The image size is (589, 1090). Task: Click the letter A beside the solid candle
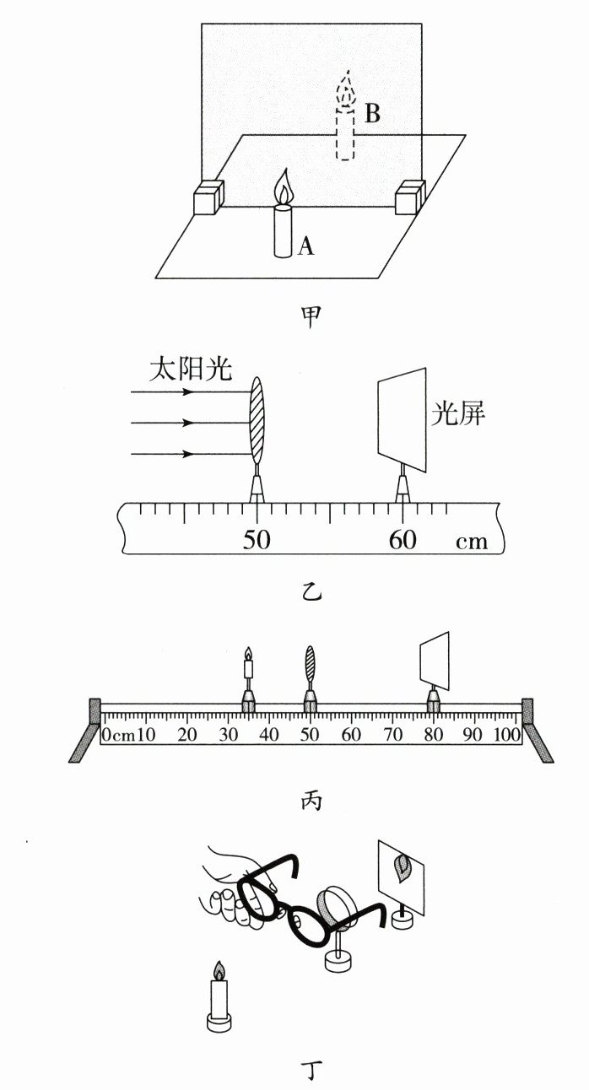coord(306,246)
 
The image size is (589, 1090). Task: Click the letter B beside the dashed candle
coord(371,114)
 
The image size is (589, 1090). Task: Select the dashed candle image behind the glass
coord(346,127)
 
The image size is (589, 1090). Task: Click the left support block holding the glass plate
coord(208,199)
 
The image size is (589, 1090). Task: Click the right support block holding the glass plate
coord(411,197)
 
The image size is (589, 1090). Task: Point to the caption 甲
coord(311,316)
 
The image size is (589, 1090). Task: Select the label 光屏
coord(457,414)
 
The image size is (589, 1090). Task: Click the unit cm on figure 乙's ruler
coord(472,541)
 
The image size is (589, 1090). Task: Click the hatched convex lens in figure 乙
coord(257,422)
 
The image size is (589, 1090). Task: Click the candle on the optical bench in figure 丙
coord(248,671)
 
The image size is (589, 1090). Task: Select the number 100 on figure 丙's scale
coord(507,735)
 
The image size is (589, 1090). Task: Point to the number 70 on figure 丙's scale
coord(392,735)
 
